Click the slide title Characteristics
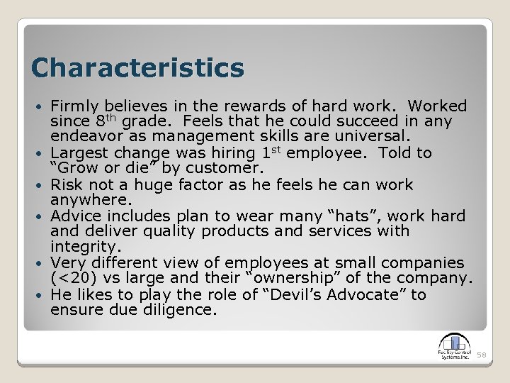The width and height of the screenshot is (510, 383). click(x=137, y=68)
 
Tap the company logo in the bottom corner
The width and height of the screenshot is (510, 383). click(x=454, y=348)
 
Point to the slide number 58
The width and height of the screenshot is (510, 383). click(x=482, y=354)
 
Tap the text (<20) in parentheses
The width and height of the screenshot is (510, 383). click(x=73, y=278)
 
